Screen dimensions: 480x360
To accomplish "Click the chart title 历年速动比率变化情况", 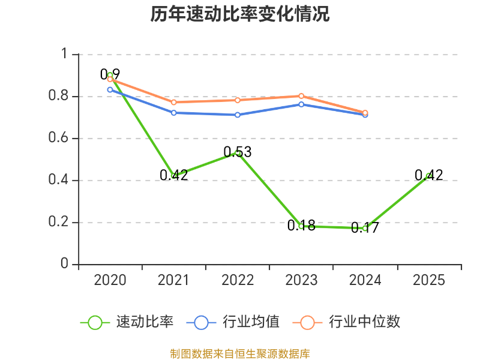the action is [239, 14].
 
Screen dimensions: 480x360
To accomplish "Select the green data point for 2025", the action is [429, 176].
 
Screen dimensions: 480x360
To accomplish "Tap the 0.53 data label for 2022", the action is [238, 152].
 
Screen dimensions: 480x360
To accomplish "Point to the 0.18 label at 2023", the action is [301, 226].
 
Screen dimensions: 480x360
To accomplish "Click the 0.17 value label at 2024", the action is [365, 227].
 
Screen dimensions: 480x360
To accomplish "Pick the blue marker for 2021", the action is [173, 113].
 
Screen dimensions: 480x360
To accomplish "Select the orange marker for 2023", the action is [301, 96].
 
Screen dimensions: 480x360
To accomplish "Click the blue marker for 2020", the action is [110, 89].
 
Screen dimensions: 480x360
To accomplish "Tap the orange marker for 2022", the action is [238, 100].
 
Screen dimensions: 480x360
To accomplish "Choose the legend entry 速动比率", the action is [127, 322].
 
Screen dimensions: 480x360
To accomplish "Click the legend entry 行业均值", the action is [233, 322].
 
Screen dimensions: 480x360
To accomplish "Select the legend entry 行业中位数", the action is [347, 322].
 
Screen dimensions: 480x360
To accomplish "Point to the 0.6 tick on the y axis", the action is [58, 137].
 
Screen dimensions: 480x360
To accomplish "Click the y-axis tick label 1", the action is [64, 53].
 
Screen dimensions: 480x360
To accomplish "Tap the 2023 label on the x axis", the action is [301, 280].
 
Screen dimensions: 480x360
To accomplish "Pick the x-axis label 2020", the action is [110, 280].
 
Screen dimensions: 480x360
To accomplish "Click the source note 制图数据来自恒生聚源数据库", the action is [239, 354].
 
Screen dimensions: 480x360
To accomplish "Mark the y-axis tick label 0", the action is [64, 263].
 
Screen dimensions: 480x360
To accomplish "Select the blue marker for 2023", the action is [301, 104].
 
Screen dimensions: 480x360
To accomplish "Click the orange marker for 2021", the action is [173, 102].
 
